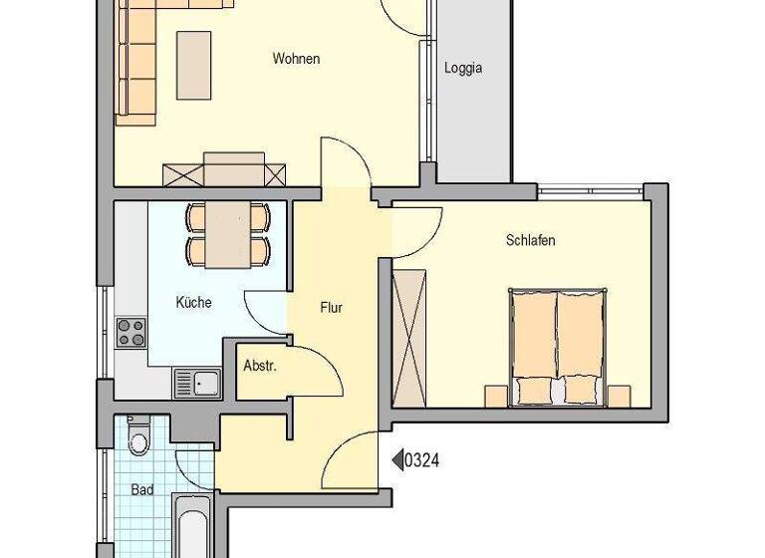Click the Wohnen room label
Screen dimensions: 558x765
point(296,59)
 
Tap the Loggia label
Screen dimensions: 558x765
point(463,69)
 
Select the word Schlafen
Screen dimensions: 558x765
point(531,241)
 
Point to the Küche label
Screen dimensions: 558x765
point(194,303)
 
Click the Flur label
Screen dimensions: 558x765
point(332,308)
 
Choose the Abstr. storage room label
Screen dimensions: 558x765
point(260,366)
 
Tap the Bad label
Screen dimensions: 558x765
point(142,489)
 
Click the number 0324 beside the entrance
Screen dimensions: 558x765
point(422,459)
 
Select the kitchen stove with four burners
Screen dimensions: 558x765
point(131,333)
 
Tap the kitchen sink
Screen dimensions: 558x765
point(196,382)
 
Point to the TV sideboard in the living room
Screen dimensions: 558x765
point(226,172)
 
